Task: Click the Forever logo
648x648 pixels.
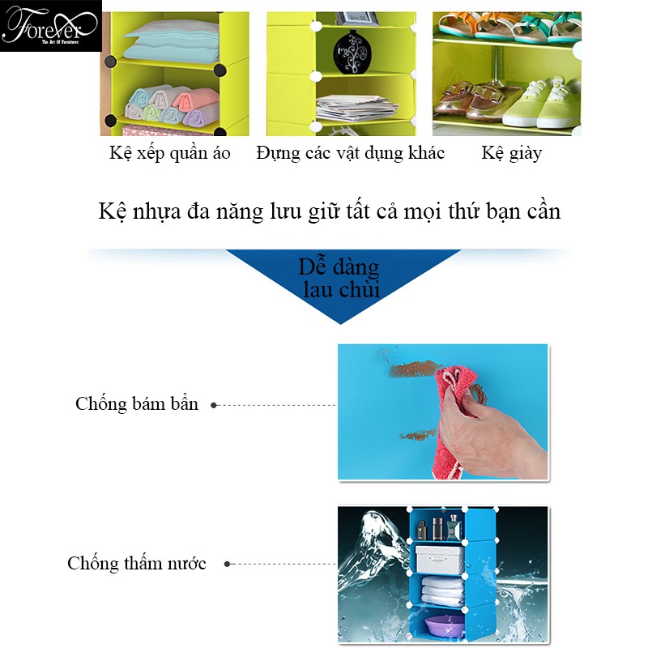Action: (x=50, y=26)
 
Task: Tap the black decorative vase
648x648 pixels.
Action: (x=352, y=53)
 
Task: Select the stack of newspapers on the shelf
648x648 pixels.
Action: (x=356, y=108)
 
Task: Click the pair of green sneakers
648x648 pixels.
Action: (x=540, y=104)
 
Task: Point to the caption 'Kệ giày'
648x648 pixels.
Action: (x=511, y=153)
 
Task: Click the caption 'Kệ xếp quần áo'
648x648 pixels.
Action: (x=169, y=153)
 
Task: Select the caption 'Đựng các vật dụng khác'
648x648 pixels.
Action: (x=350, y=153)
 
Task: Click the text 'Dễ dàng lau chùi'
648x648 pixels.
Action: (x=339, y=278)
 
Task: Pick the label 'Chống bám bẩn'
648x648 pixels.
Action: (x=137, y=403)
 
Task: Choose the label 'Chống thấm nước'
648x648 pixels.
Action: (x=137, y=563)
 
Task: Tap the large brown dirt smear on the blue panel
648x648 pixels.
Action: (x=414, y=369)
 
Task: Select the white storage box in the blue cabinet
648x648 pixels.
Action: (x=440, y=560)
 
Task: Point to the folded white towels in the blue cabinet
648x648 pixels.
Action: (x=443, y=591)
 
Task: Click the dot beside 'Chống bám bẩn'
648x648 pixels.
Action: (x=214, y=406)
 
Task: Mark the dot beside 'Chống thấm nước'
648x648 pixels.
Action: (x=227, y=564)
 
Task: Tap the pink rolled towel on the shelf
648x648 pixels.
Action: (x=195, y=100)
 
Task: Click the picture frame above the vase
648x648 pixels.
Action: (x=357, y=19)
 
